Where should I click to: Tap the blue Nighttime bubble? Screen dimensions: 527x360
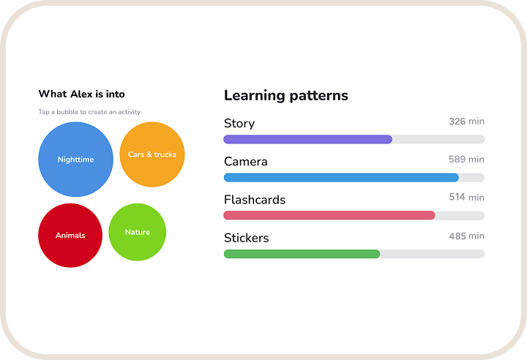point(75,160)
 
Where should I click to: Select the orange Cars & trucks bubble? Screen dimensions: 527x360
point(152,154)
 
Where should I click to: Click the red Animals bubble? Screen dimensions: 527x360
point(70,236)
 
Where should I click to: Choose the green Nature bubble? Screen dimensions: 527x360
point(137,232)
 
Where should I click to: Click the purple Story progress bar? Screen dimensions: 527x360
point(308,139)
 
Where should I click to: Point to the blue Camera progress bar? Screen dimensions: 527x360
point(341,178)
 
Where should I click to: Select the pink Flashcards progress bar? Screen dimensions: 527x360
point(329,215)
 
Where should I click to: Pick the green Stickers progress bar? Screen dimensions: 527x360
point(302,254)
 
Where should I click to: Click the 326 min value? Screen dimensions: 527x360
point(466,121)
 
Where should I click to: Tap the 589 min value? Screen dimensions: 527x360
point(466,160)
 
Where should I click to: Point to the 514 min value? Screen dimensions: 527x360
point(466,197)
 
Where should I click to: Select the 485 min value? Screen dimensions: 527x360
point(466,236)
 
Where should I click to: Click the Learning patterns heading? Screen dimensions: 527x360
point(286,95)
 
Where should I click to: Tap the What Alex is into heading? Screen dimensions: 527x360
point(82,94)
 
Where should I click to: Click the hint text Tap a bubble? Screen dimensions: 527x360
point(89,112)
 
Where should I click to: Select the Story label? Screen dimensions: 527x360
point(239,124)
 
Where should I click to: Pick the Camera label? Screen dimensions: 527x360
point(246,162)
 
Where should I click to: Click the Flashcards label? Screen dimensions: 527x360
point(255,200)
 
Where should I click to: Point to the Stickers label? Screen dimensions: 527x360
point(247,238)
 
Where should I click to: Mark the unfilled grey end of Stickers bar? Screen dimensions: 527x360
point(433,254)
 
